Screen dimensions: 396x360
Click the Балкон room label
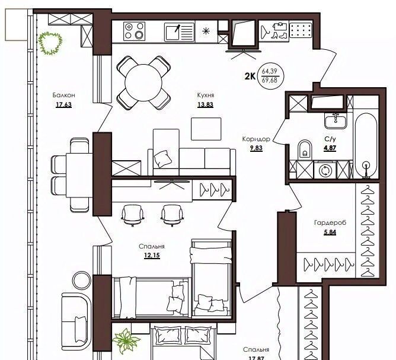point(63,95)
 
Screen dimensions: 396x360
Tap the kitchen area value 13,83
point(205,104)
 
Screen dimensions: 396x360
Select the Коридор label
point(256,139)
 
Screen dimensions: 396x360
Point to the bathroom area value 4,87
point(330,148)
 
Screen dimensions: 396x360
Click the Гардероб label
point(330,223)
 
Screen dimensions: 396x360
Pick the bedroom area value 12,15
point(152,256)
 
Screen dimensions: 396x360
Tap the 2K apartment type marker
point(250,76)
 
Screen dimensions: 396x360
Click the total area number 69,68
point(270,80)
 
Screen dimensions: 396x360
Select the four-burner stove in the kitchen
point(134,31)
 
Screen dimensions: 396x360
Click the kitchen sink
point(179,32)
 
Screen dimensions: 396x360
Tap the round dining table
point(143,83)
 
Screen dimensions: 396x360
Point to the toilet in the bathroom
point(305,150)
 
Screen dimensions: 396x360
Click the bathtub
point(366,146)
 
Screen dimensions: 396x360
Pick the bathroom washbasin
point(336,121)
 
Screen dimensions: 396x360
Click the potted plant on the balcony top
point(50,43)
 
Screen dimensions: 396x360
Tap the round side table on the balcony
point(82,281)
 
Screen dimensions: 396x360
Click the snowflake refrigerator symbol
point(206,31)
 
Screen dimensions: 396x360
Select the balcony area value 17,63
point(63,104)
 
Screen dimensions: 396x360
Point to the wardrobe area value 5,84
point(330,232)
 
